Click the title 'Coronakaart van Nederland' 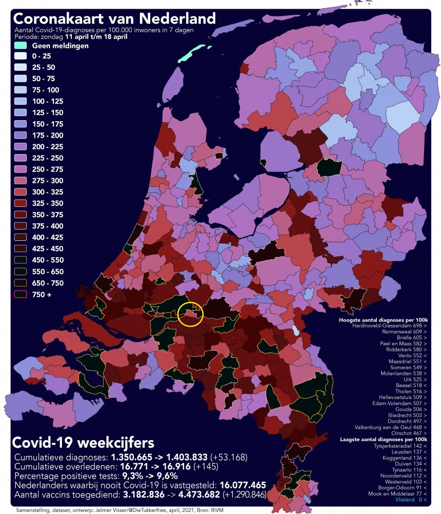coord(114,19)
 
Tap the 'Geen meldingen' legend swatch coord(21,46)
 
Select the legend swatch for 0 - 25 coord(21,56)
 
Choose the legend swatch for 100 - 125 coord(21,102)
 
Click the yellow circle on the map coord(190,315)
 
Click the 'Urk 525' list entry coord(411,372)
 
